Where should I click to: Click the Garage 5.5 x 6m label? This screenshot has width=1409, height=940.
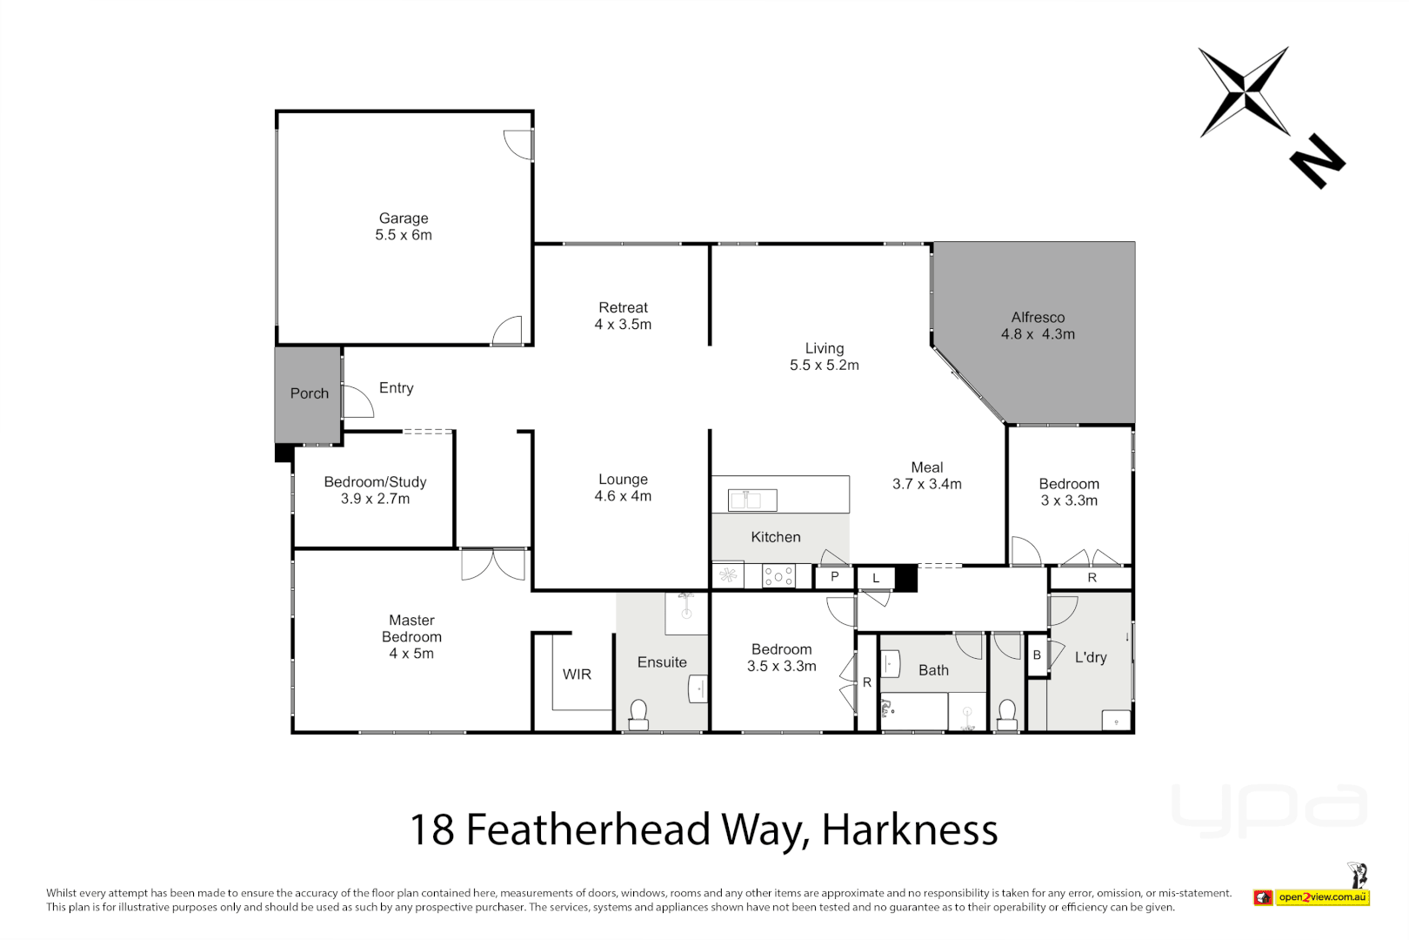click(404, 226)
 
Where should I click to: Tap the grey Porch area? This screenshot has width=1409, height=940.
click(308, 393)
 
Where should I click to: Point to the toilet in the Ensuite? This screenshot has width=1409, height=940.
click(638, 714)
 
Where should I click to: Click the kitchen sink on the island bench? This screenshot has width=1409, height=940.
click(752, 500)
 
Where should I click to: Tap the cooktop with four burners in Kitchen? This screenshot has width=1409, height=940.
click(778, 576)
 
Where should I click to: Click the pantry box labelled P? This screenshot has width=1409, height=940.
click(834, 577)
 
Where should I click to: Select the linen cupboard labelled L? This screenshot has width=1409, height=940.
click(876, 578)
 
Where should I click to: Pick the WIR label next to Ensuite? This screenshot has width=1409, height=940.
click(577, 675)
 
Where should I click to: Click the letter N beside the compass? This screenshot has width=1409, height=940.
click(1317, 160)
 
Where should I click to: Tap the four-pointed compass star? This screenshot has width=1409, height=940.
click(1245, 92)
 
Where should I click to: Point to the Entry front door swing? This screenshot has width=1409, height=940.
click(357, 402)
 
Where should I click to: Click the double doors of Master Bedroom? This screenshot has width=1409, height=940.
click(493, 564)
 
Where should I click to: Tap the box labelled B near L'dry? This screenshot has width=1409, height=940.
click(1037, 655)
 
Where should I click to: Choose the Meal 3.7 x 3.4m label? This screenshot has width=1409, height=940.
click(926, 476)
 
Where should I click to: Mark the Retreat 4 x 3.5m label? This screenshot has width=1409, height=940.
click(623, 316)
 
